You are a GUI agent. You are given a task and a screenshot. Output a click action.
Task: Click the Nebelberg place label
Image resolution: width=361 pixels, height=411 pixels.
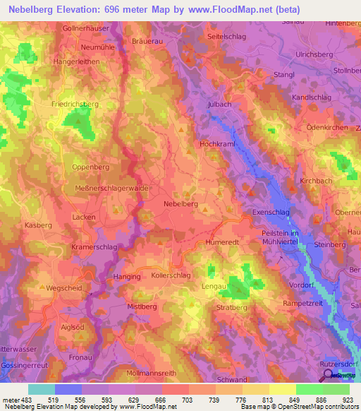point(180,203)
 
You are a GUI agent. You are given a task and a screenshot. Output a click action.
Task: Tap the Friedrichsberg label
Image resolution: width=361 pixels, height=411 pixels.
point(75,104)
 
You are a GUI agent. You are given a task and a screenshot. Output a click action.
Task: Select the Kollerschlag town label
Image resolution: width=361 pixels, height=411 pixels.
point(171,276)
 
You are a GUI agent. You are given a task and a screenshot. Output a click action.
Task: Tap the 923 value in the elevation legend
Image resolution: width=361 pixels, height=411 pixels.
point(348,400)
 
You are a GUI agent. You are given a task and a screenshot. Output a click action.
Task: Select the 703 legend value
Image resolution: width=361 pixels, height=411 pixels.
point(188,400)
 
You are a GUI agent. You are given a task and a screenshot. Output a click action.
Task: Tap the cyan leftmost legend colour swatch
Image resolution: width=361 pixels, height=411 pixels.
point(41,389)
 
